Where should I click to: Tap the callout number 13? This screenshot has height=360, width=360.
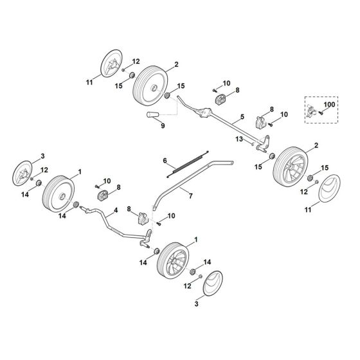pyautogui.click(x=239, y=138)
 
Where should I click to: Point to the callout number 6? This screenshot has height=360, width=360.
pyautogui.click(x=165, y=161)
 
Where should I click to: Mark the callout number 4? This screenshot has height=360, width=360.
pyautogui.click(x=116, y=210)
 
